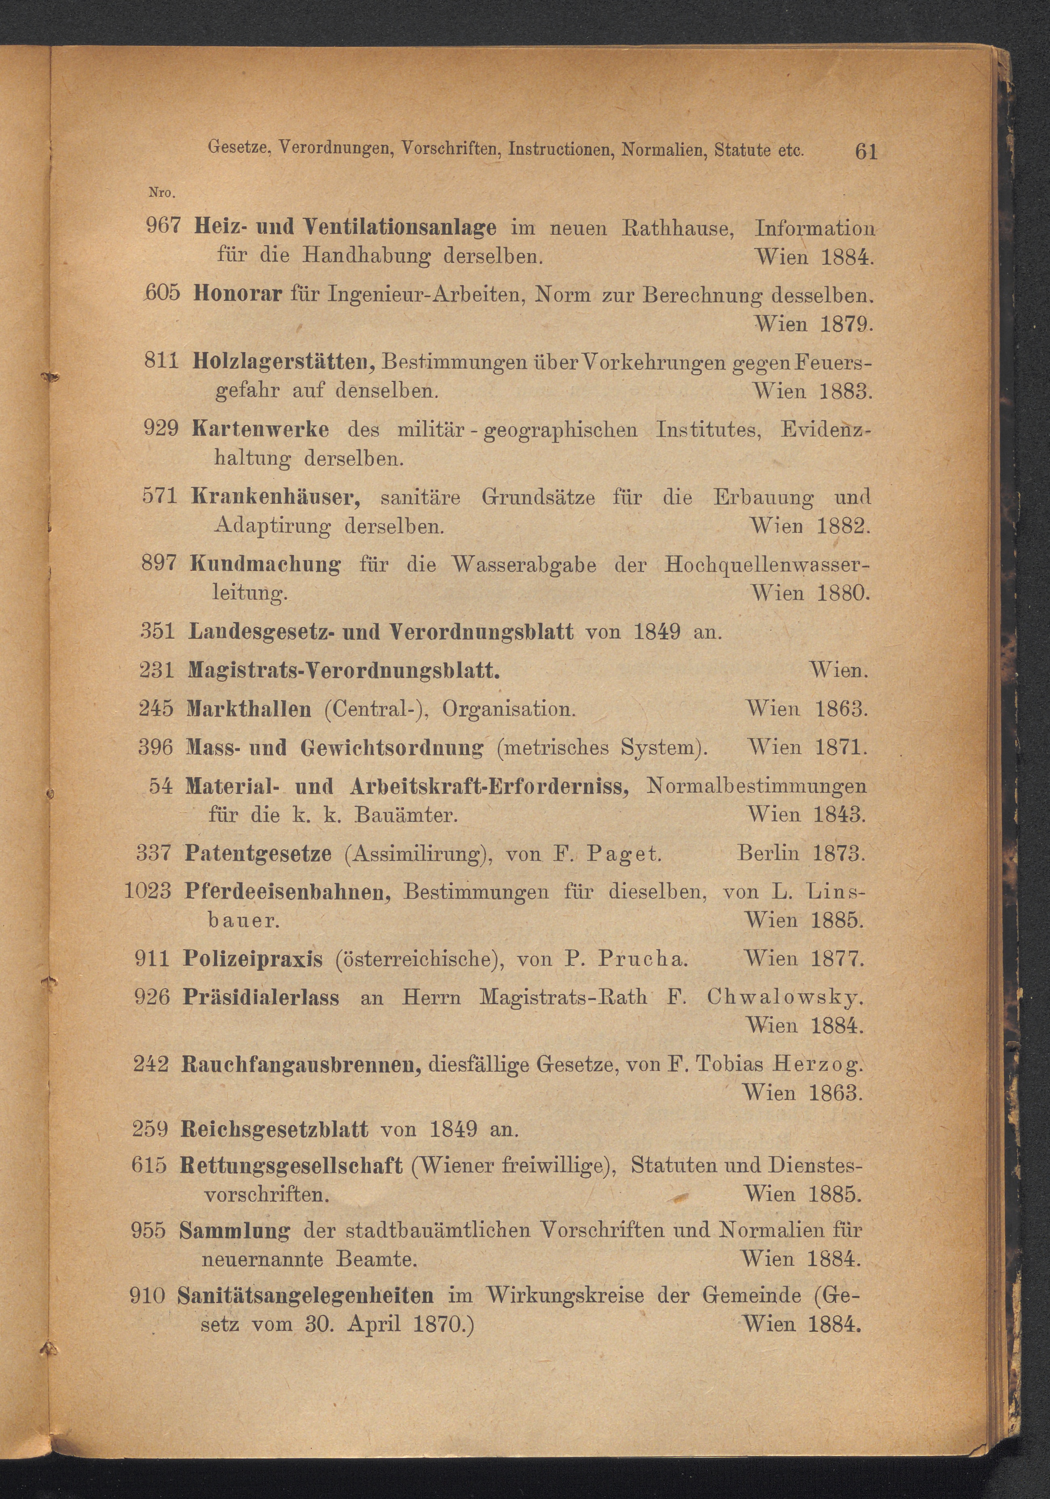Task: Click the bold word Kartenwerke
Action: pyautogui.click(x=260, y=430)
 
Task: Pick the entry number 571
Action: pyautogui.click(x=160, y=496)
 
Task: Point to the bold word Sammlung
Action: pyautogui.click(x=234, y=1231)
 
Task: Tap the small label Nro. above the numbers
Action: pyautogui.click(x=160, y=193)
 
